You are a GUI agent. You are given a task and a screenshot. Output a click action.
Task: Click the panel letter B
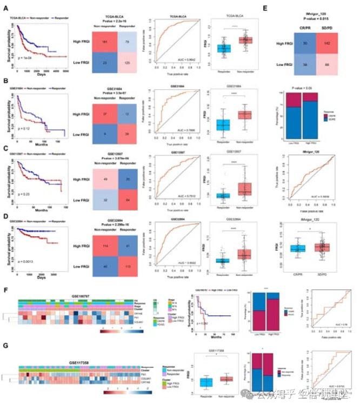pyautogui.click(x=5, y=82)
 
